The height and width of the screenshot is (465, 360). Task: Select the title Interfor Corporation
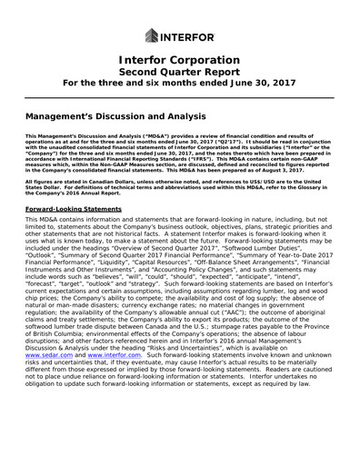[179, 61]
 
